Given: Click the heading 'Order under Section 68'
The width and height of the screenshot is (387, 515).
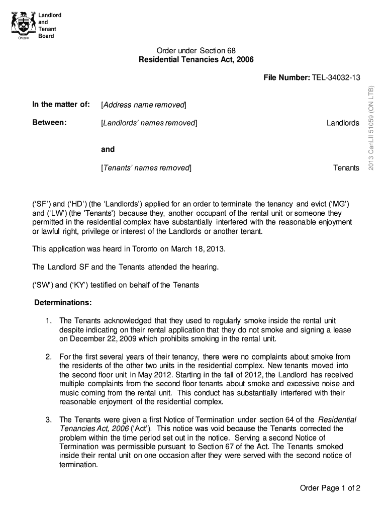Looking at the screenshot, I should coord(196,51).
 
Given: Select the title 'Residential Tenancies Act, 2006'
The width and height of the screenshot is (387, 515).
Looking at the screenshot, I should coord(196,60).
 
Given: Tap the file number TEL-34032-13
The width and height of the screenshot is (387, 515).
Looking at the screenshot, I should coord(336,77).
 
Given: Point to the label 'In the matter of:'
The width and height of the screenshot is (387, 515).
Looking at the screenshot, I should coord(61,105).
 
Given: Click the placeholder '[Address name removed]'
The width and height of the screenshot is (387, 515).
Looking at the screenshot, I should coord(144,105).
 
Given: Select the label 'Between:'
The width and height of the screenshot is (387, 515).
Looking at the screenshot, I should coord(50,123).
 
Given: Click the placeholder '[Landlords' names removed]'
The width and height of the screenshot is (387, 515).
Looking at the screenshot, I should coord(149,123).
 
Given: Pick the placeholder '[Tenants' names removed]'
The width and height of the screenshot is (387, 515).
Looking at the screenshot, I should coord(146,168).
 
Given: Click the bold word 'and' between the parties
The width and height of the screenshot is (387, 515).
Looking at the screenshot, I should coord(108,149).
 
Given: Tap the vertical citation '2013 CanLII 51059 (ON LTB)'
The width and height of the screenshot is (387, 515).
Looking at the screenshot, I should coord(371,128).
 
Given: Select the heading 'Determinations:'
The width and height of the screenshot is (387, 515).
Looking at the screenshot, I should coord(63,303).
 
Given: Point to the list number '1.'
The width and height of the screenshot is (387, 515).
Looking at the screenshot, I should coord(49,321).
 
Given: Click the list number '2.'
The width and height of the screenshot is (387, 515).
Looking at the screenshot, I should coord(49,357).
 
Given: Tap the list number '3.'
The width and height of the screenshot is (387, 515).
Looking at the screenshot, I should coord(49,419).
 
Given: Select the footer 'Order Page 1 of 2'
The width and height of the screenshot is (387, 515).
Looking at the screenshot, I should coord(330,488).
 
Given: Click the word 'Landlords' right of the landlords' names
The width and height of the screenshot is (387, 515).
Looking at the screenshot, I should coord(343,123).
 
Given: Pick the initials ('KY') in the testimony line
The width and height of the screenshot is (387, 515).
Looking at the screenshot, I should coord(79,285).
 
